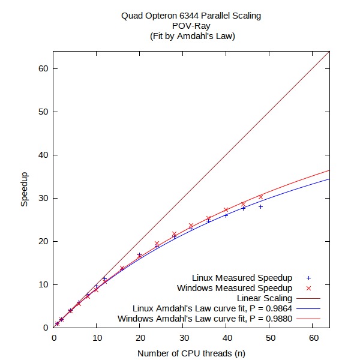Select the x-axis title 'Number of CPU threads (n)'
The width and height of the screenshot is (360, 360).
[x=191, y=353]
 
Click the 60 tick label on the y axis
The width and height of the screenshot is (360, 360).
[x=44, y=68]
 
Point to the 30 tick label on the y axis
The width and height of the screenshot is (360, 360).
[x=44, y=198]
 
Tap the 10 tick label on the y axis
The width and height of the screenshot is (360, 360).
[x=44, y=284]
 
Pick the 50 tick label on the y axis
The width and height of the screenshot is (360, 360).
[x=44, y=112]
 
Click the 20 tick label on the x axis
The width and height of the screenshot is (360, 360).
[x=140, y=339]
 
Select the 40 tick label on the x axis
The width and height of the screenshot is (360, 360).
[x=226, y=339]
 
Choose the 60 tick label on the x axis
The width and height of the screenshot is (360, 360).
[x=313, y=339]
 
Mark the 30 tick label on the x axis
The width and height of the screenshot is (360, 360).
[x=183, y=339]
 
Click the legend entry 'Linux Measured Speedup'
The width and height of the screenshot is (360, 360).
[x=242, y=278]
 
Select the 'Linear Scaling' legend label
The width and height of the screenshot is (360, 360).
[x=265, y=298]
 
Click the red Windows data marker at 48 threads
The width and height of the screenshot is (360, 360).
[x=260, y=196]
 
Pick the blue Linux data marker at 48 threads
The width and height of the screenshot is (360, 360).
[x=260, y=206]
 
